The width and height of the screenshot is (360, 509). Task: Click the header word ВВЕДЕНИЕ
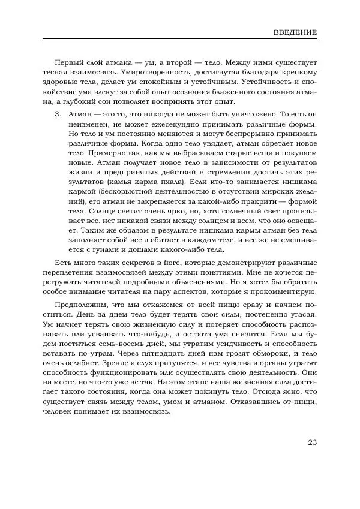pyautogui.click(x=295, y=32)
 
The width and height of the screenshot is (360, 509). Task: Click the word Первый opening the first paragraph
pyautogui.click(x=68, y=62)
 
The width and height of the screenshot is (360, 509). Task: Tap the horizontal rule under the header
pyautogui.click(x=180, y=39)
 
